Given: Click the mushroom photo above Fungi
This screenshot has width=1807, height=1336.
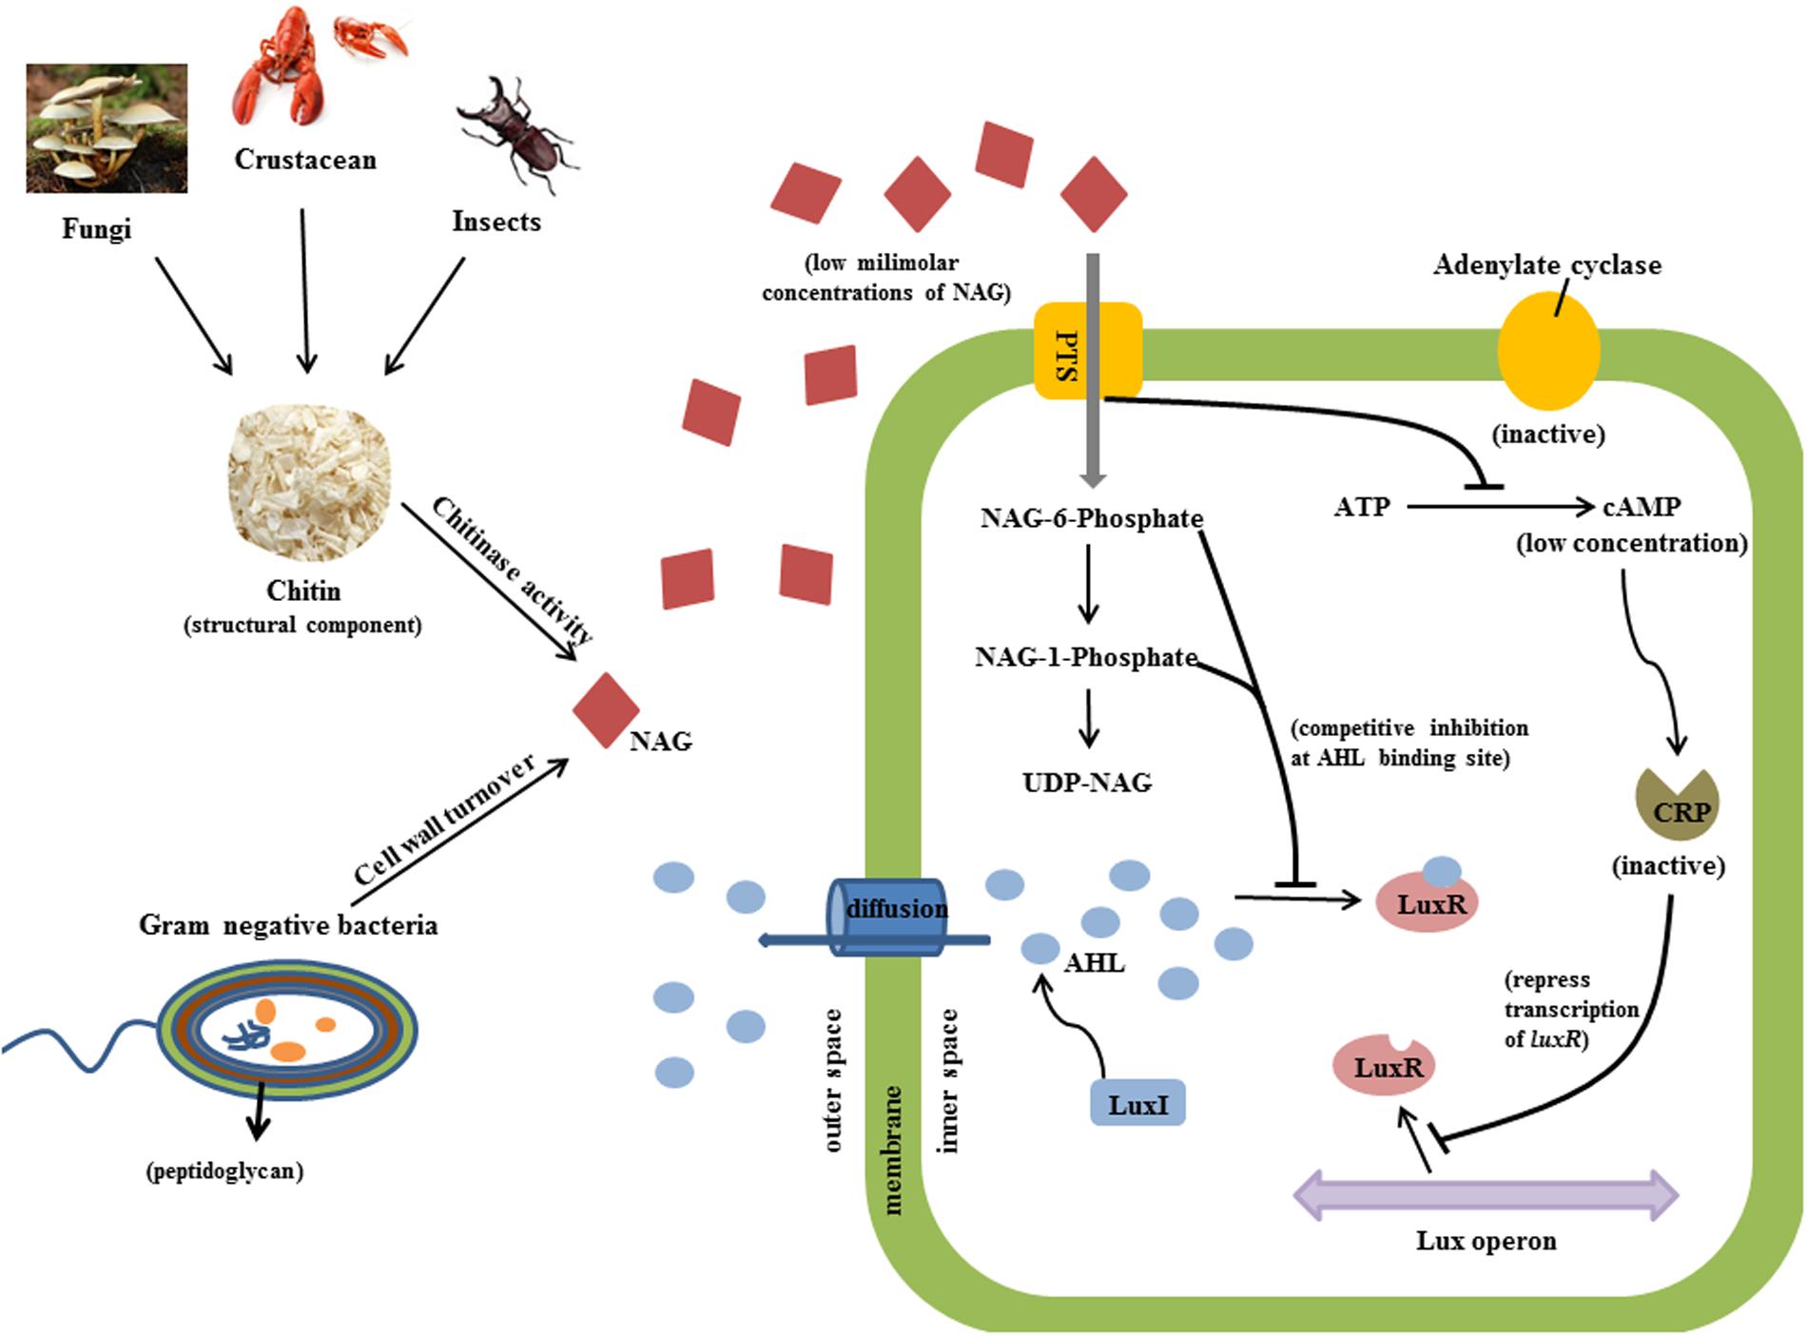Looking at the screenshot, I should click(x=107, y=128).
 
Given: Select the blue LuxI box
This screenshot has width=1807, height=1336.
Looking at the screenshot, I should click(x=1137, y=1103).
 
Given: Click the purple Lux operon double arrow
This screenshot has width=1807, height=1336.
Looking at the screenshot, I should click(x=1486, y=1194).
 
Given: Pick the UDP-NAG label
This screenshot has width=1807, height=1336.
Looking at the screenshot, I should click(x=1087, y=783).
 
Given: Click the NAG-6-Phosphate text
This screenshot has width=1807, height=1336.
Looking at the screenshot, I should click(x=1092, y=518).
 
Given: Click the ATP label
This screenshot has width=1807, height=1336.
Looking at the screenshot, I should click(x=1362, y=507).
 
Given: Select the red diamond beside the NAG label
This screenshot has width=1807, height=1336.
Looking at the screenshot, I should click(x=606, y=710).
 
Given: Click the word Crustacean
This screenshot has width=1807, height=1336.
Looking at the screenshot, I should click(x=305, y=159).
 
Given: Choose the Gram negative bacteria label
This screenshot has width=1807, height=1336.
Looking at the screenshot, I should click(x=288, y=924).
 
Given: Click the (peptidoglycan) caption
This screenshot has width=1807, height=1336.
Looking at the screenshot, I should click(x=224, y=1171).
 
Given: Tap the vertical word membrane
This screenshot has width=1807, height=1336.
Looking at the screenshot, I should click(x=893, y=1151).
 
